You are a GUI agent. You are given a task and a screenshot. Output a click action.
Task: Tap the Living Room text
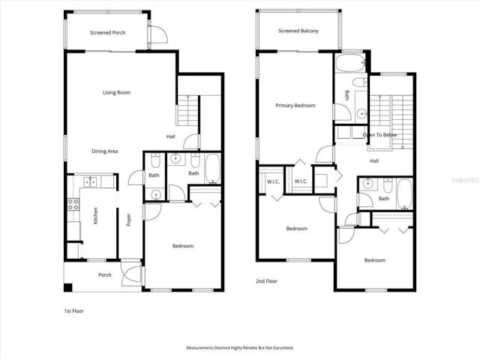[117, 92]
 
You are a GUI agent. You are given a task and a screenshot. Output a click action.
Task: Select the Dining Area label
[105, 151]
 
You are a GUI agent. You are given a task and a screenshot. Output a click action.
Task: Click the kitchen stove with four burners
[73, 204]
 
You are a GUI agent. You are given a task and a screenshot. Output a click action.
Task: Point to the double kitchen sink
[91, 181]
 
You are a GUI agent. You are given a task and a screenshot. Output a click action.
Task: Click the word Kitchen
[95, 217]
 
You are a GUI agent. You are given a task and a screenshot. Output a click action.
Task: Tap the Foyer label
[129, 220]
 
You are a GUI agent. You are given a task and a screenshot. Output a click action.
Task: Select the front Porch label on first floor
[105, 274]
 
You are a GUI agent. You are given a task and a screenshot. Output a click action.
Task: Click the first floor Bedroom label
[183, 246]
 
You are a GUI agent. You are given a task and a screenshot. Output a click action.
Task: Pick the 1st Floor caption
[73, 310]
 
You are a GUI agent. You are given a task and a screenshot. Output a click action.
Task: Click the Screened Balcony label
[298, 31]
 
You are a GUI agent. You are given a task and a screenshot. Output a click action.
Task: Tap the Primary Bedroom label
[295, 106]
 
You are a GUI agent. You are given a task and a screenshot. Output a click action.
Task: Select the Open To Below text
[379, 135]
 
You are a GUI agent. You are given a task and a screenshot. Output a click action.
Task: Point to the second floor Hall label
[374, 160]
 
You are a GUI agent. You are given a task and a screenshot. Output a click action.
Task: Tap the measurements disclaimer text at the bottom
[239, 348]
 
